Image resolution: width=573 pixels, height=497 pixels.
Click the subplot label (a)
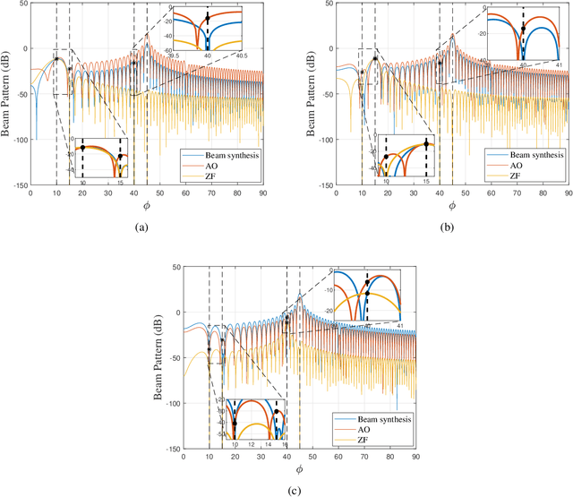[140, 228]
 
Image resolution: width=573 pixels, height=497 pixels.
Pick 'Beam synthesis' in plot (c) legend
[375, 418]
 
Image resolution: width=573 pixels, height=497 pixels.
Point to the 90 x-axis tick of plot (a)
[261, 193]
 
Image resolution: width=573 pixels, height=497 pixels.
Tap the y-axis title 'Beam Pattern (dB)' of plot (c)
[158, 358]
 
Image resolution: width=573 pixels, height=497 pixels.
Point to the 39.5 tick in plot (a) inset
[175, 56]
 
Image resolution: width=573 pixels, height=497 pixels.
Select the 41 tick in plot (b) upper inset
[560, 64]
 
